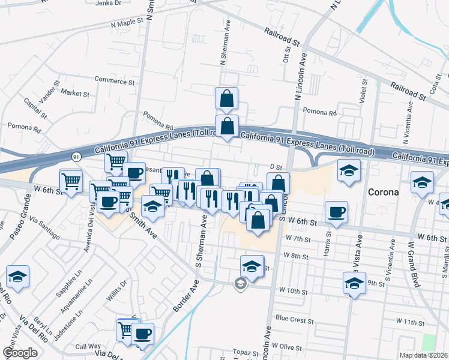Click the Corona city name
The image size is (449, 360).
pos(383,193)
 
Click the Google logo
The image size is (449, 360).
pos(20,353)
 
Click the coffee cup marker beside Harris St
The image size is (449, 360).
pos(336,212)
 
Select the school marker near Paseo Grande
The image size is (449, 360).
pos(18,277)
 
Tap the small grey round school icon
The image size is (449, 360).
pos(241,284)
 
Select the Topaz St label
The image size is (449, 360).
pos(245,352)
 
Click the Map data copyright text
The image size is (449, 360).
pos(423,355)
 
